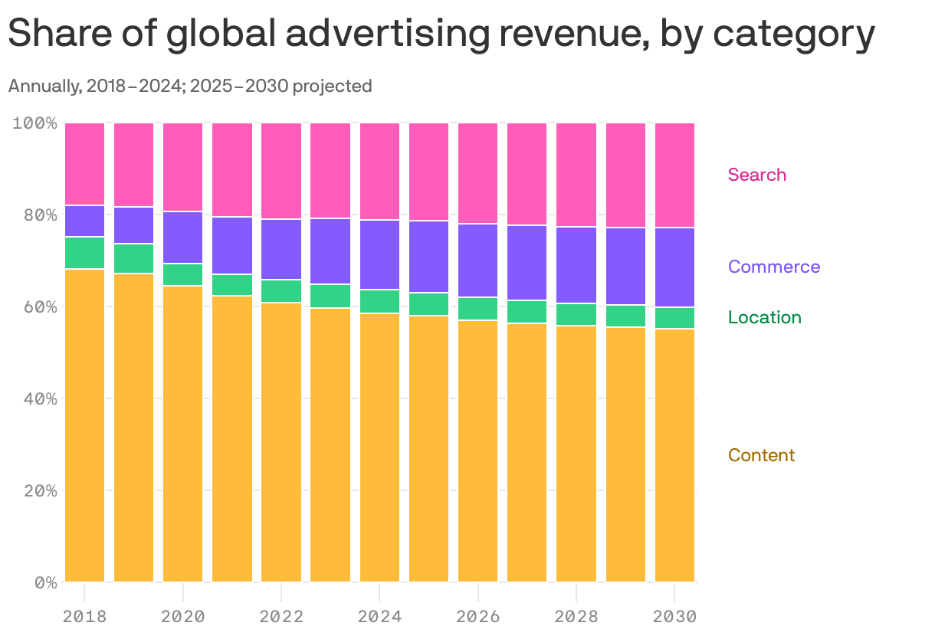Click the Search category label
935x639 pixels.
click(x=756, y=175)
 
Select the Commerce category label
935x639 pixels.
click(x=773, y=267)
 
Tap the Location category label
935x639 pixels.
click(x=764, y=317)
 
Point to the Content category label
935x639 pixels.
click(x=761, y=455)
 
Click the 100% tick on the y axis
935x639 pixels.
click(x=35, y=123)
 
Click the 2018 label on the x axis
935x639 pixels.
click(x=84, y=617)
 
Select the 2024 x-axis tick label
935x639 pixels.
click(x=379, y=617)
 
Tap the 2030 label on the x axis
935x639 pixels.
click(x=674, y=617)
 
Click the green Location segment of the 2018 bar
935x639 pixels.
click(x=85, y=253)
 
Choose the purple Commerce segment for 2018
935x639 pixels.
click(x=85, y=221)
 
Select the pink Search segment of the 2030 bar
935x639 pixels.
click(x=674, y=175)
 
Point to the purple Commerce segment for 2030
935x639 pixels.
click(x=674, y=267)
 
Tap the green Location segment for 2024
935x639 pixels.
click(x=379, y=301)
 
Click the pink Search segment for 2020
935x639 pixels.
click(x=183, y=166)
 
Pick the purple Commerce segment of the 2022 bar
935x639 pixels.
click(x=281, y=249)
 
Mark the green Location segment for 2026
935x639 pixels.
click(x=478, y=309)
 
